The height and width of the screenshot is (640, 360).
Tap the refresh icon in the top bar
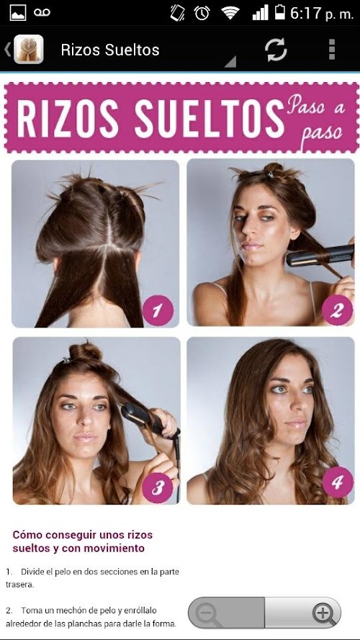(276, 50)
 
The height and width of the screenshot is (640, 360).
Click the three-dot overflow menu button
(332, 50)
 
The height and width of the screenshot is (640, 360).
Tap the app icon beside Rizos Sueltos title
(29, 50)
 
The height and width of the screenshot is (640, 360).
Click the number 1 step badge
(158, 310)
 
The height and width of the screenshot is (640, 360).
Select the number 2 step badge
(337, 310)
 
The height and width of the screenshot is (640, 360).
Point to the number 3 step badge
(158, 487)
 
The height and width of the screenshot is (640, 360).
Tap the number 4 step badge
(338, 482)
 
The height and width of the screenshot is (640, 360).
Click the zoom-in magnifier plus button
(324, 613)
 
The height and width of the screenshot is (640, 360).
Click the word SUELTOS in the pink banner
(209, 117)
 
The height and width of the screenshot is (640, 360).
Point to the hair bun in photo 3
(85, 351)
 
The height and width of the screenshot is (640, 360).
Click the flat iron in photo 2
(320, 255)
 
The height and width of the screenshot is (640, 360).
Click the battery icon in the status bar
(279, 12)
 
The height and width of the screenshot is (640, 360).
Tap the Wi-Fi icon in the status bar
(230, 13)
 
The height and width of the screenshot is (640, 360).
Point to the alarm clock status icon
(202, 13)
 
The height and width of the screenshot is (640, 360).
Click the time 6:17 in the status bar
(306, 14)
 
